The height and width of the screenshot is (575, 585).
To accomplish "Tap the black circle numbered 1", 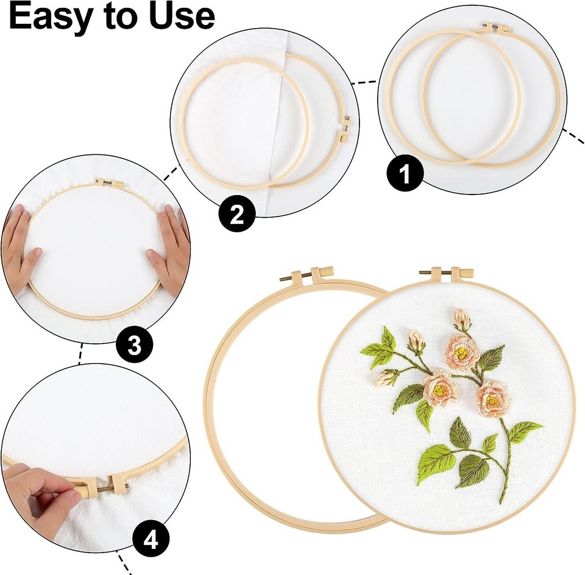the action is [x=405, y=174].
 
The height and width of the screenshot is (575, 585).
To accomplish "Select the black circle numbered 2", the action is [x=237, y=214].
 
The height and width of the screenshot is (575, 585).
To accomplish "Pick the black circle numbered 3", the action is [x=134, y=346].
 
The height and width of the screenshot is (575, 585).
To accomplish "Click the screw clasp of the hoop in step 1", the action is [x=496, y=27].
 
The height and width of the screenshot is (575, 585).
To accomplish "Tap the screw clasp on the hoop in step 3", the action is [x=108, y=182].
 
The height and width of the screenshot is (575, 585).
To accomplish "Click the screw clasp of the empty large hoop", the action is [x=307, y=274].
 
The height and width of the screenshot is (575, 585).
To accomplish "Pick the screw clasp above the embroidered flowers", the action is [x=447, y=273].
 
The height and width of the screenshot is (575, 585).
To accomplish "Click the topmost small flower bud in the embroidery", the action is [x=461, y=320].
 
